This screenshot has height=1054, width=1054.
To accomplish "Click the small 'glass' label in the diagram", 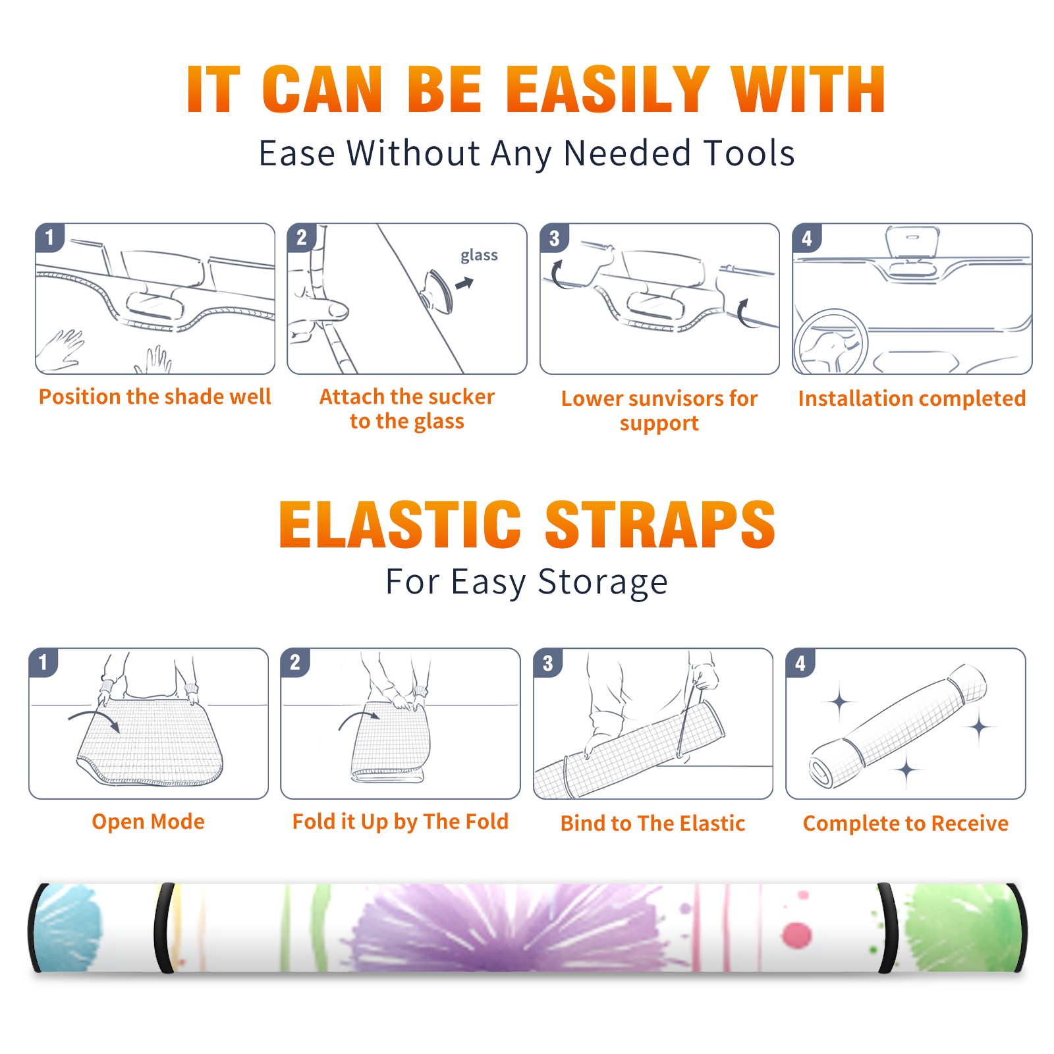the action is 479,256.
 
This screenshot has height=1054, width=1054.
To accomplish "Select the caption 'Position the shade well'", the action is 155,397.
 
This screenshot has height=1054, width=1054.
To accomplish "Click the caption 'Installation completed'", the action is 912,399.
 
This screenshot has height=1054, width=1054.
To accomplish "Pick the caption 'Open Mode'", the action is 148,821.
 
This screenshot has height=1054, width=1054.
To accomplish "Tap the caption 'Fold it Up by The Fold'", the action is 401,821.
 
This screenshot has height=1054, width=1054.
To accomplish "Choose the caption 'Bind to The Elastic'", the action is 653,823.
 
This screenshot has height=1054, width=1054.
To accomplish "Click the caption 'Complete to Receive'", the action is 906,823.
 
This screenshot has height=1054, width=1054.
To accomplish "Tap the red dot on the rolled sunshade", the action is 797,935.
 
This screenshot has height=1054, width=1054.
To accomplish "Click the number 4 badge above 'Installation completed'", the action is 807,238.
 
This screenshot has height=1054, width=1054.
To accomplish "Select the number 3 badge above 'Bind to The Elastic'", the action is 548,663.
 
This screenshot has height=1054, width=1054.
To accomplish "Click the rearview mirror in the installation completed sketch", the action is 912,241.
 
